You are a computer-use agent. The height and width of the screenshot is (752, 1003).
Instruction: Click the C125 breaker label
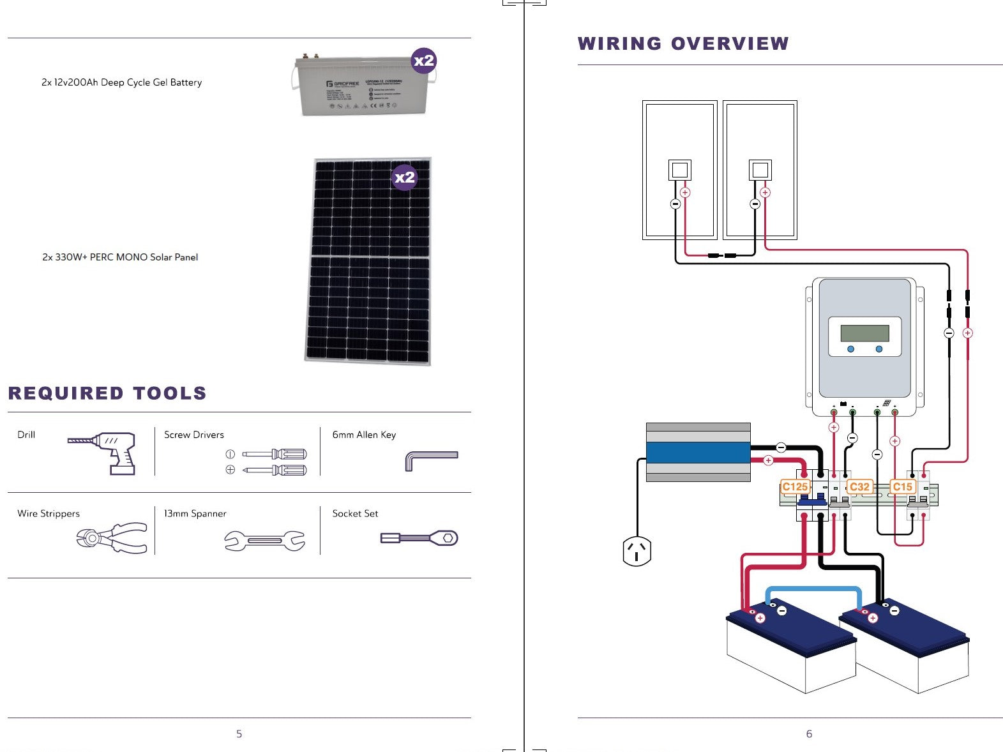pos(795,487)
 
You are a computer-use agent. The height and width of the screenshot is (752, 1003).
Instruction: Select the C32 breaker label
pos(859,487)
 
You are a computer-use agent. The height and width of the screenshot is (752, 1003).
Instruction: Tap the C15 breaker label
pos(902,487)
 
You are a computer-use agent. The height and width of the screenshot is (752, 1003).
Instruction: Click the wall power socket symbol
pos(637,551)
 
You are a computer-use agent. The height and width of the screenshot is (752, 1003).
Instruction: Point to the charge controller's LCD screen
pos(864,333)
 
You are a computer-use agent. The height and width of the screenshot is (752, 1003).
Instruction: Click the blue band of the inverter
pos(698,453)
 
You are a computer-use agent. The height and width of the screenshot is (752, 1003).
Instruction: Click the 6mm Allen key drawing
pos(431,460)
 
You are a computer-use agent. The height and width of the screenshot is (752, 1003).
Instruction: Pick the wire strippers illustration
pos(112,538)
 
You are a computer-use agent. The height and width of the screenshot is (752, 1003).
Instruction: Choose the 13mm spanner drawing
pos(264,541)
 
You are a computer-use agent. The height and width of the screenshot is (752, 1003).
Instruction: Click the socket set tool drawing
pos(419,538)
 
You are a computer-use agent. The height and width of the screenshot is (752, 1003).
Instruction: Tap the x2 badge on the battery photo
pos(424,61)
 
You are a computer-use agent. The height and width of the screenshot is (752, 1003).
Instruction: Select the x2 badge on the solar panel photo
pos(404,177)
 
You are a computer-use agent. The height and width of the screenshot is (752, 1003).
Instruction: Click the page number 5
pos(239,734)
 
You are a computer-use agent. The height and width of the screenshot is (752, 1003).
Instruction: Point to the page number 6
pos(809,734)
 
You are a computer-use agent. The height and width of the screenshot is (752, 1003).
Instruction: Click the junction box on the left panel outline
pos(680,170)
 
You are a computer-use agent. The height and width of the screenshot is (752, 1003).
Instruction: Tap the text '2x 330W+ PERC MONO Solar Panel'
pos(120,257)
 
